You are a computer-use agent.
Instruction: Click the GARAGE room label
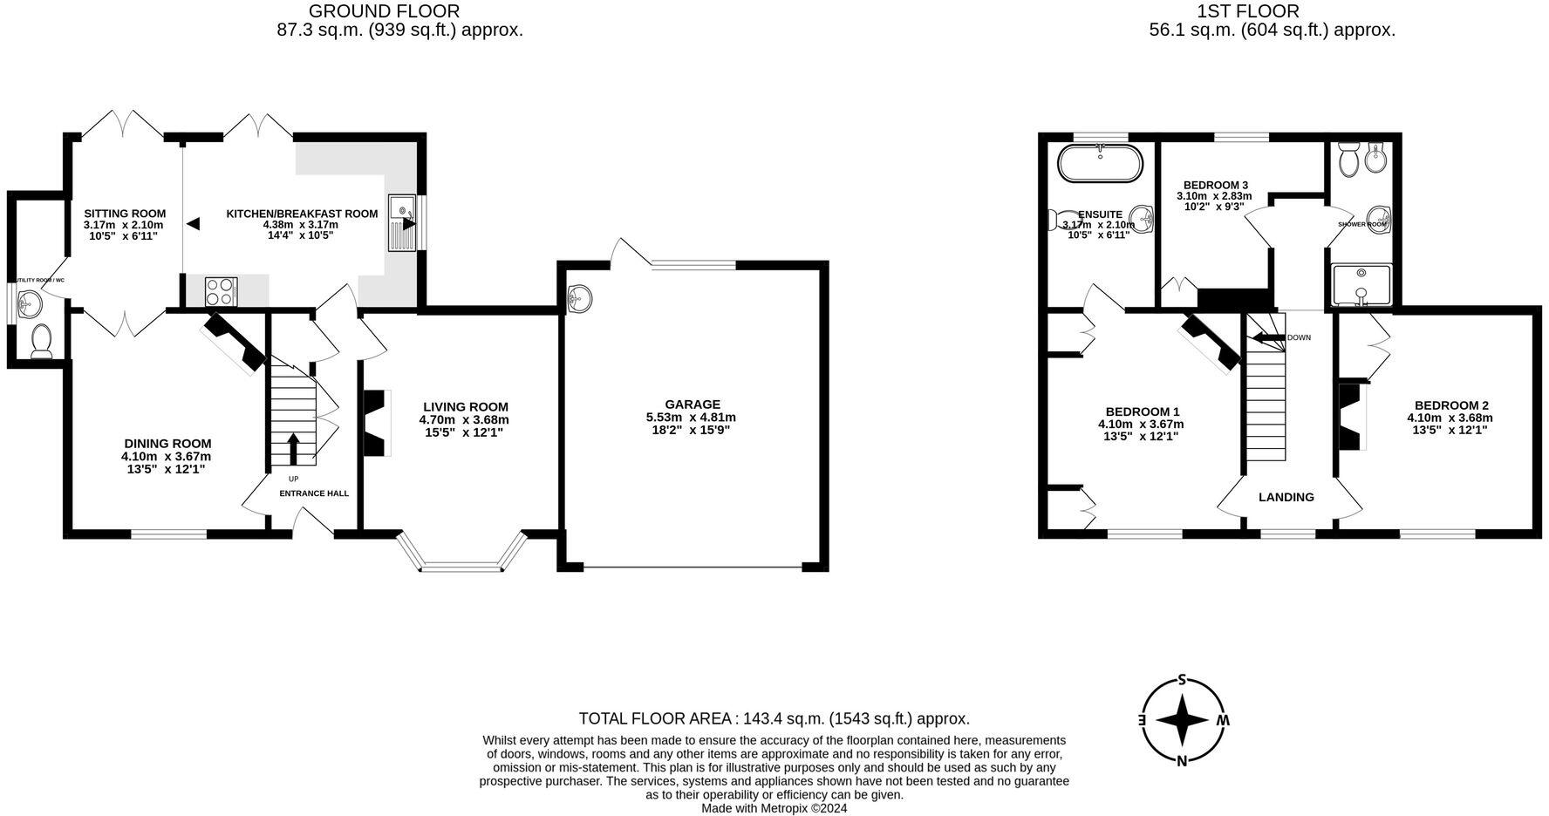693,404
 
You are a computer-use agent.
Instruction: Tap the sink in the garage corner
579,298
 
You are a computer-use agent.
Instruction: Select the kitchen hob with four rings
222,290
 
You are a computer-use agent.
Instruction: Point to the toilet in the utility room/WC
41,342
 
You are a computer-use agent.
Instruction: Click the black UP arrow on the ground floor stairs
292,448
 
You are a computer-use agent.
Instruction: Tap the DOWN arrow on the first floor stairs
1269,337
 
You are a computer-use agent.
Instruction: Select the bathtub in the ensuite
1099,164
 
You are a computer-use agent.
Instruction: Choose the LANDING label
1286,497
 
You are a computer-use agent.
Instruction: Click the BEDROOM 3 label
1215,185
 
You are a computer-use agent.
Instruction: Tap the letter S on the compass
1183,680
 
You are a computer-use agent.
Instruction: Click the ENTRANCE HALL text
313,493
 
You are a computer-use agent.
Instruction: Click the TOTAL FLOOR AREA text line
774,718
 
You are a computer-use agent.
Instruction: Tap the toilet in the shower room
1348,161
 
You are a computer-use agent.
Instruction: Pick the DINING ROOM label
167,444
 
